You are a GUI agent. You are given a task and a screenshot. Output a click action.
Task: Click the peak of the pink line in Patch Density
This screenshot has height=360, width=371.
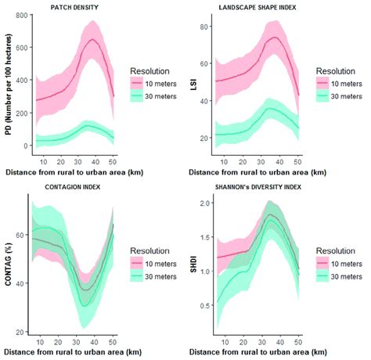pyautogui.click(x=92, y=39)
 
